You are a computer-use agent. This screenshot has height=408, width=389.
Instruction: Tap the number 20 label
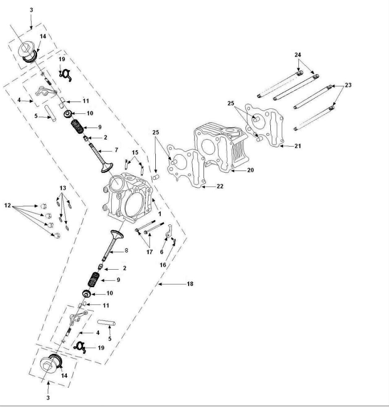pos(250,170)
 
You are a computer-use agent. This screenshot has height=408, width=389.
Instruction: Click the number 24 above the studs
pos(298,55)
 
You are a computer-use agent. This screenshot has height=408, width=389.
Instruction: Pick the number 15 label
pos(135,153)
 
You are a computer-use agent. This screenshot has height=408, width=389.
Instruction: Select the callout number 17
pos(149,252)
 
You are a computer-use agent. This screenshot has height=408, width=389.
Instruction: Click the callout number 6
pos(161,252)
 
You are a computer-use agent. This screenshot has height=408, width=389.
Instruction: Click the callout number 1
pos(160,213)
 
